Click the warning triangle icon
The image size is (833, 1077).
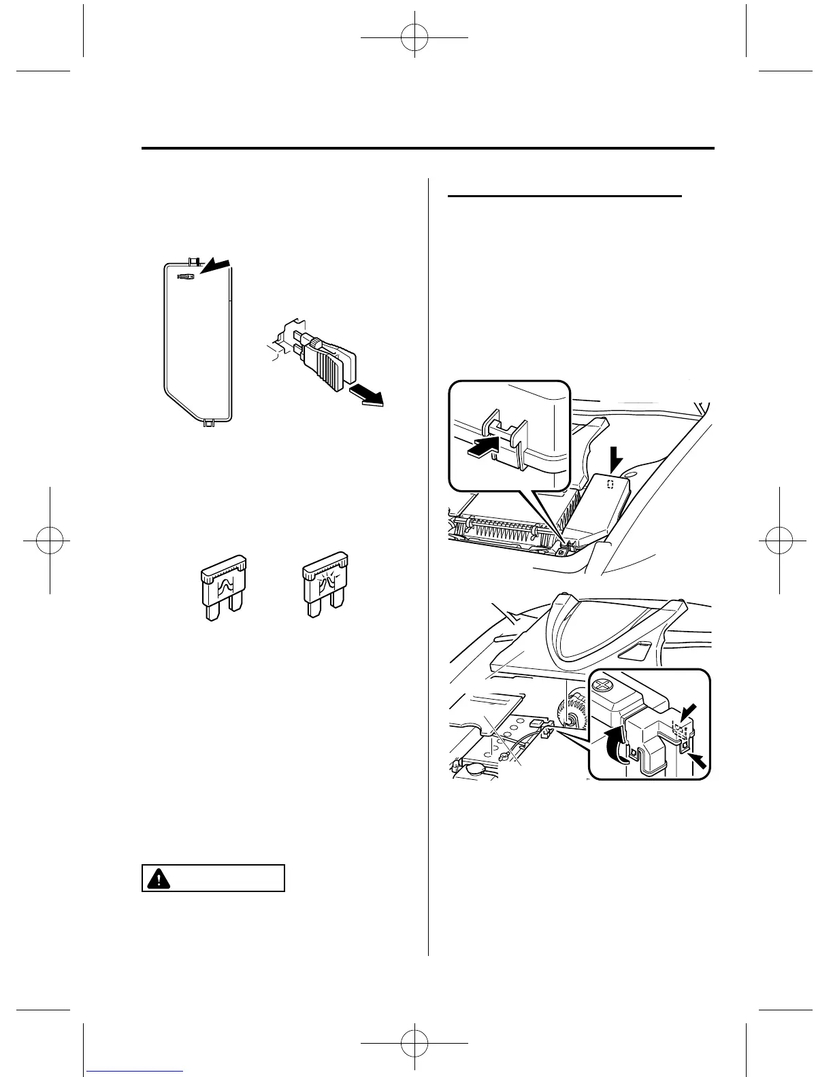pyautogui.click(x=158, y=878)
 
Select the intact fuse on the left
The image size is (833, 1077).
pyautogui.click(x=223, y=587)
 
